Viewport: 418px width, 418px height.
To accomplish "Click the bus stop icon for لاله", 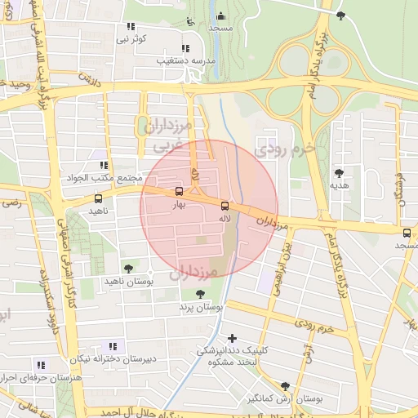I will pos(225,207).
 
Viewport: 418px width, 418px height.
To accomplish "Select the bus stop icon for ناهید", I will pos(99,198).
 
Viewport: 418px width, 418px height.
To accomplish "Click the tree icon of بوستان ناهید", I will pos(127,267).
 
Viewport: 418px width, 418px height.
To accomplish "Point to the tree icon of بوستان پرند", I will pos(200,294).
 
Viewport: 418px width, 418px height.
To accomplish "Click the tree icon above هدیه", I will pos(339,172).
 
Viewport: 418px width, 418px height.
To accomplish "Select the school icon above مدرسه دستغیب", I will pos(185,47).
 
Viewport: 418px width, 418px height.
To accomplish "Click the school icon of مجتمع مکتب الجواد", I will pos(103,165).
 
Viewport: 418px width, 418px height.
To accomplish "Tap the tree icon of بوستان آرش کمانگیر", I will pos(284,386).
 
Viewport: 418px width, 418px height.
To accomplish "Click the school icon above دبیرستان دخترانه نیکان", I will pos(112,346).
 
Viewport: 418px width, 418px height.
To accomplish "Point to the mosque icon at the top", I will pos(220,15).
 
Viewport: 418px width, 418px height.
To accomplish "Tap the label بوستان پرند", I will pos(200,308).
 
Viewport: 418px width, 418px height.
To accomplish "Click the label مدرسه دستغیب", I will pos(186,60).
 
